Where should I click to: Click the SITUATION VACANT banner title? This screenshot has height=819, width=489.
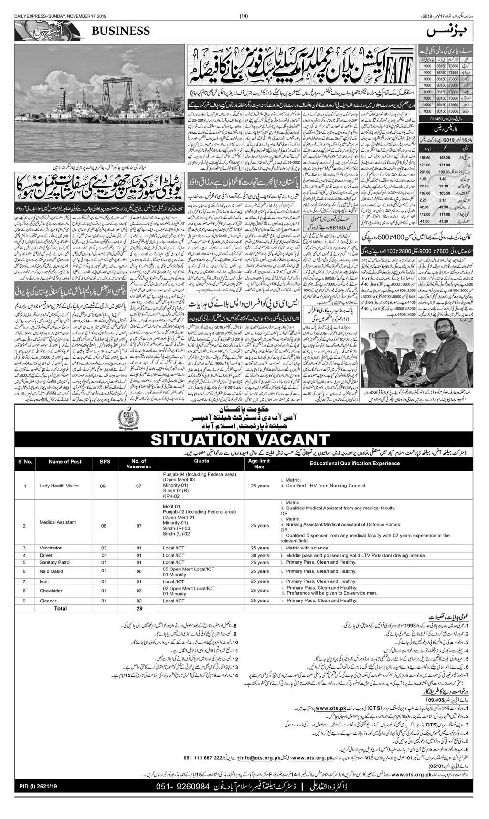click(244, 438)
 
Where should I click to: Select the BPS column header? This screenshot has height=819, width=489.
click(105, 461)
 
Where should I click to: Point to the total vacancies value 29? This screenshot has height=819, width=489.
click(139, 609)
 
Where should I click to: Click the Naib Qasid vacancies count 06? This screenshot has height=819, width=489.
click(139, 571)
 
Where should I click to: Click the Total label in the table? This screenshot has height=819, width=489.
click(61, 609)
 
